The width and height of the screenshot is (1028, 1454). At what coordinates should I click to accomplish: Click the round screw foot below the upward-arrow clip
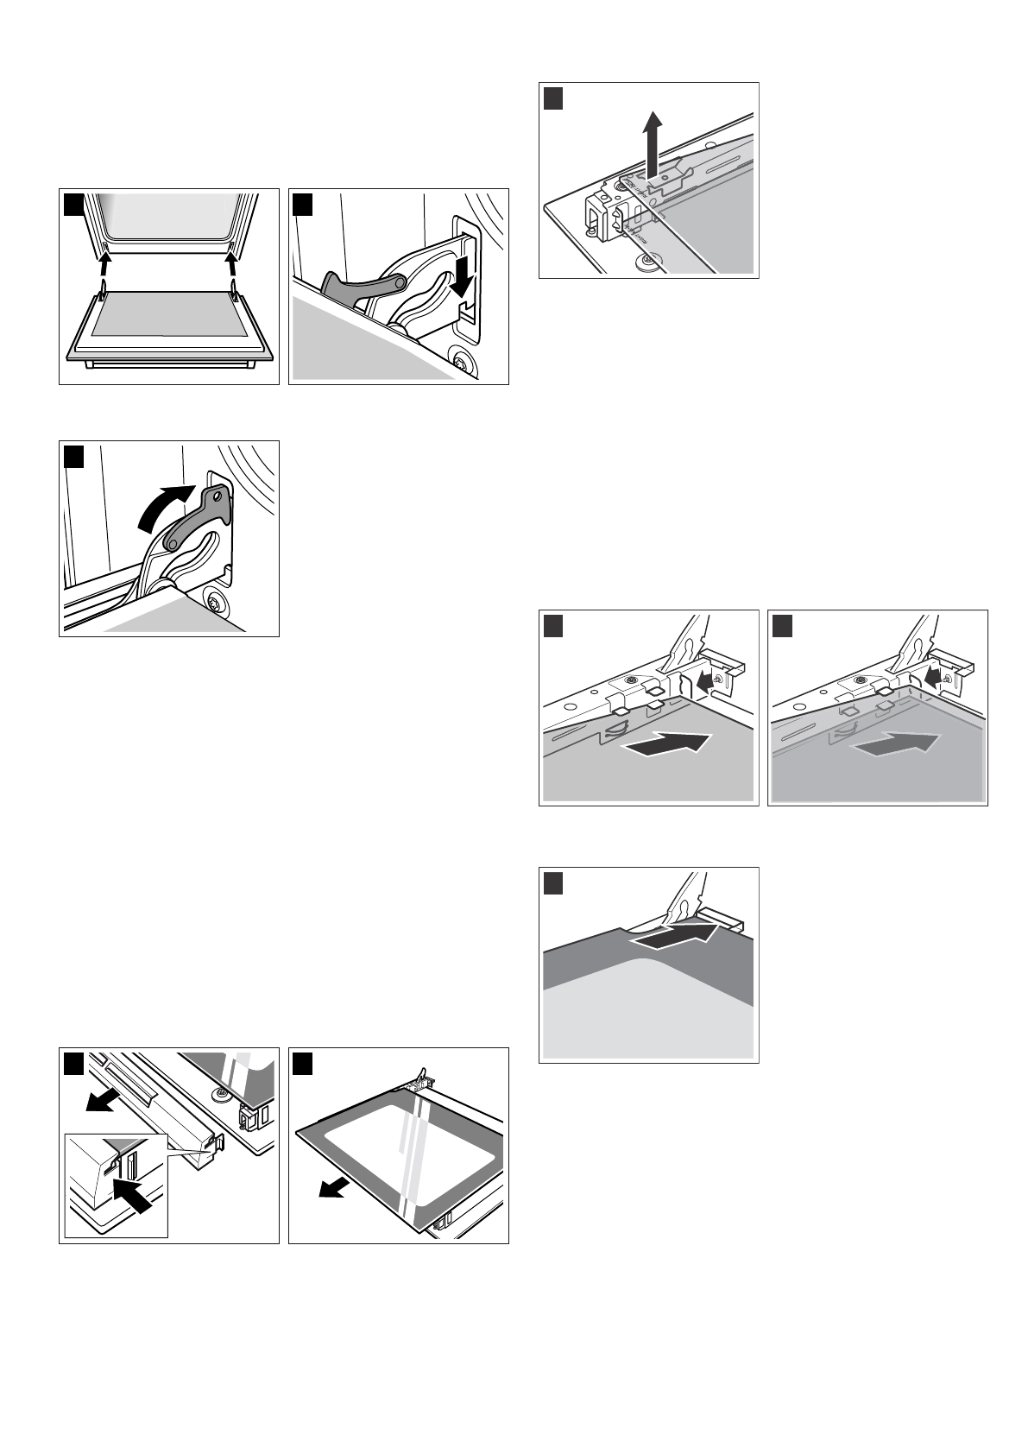point(646,261)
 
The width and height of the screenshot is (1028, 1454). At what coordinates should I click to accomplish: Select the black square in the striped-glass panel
point(302,1062)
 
